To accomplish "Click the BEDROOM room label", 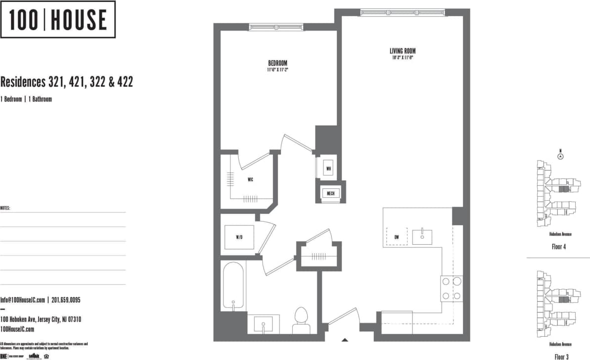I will pyautogui.click(x=277, y=63).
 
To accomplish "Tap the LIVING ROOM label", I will pyautogui.click(x=402, y=51).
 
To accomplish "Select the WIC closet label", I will pyautogui.click(x=250, y=180).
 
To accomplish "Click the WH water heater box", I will pyautogui.click(x=328, y=168).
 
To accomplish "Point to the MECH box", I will pyautogui.click(x=330, y=193).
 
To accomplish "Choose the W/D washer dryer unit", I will pyautogui.click(x=239, y=237).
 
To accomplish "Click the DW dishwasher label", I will pyautogui.click(x=397, y=237).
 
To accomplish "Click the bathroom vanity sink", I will pyautogui.click(x=264, y=324).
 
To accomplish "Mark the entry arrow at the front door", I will pyautogui.click(x=345, y=339).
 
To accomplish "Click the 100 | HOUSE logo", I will pyautogui.click(x=58, y=20).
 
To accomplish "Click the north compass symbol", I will pyautogui.click(x=560, y=156).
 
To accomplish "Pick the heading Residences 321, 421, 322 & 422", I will pyautogui.click(x=66, y=82).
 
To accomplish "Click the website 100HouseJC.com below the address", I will pyautogui.click(x=17, y=329).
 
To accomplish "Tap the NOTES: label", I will pyautogui.click(x=5, y=208).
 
